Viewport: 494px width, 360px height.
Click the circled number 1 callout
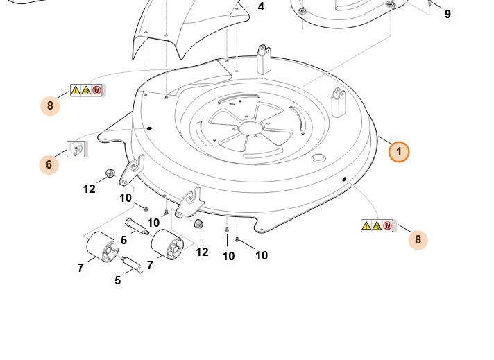399,151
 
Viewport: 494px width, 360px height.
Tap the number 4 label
261,7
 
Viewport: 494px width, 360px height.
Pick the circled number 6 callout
49,164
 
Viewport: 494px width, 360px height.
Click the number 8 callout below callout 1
418,240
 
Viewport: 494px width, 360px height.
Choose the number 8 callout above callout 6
50,105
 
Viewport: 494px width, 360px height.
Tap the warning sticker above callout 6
87,89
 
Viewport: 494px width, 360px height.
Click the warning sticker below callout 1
377,225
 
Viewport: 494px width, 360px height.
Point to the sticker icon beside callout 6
75,148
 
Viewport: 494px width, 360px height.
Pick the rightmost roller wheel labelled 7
166,246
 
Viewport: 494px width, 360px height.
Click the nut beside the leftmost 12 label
109,172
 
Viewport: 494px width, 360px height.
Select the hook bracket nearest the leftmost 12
131,171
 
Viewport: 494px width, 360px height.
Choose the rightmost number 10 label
261,255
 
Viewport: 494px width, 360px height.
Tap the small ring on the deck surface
319,159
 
